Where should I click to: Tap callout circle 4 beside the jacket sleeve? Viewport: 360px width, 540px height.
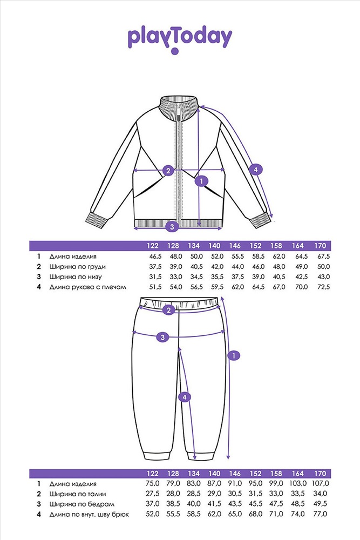click(255, 170)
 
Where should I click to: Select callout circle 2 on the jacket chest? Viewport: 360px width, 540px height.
click(168, 170)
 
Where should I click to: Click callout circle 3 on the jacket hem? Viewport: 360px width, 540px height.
click(172, 227)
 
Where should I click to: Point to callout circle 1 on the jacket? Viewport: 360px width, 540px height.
click(201, 181)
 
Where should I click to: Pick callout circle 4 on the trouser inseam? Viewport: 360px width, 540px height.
click(185, 397)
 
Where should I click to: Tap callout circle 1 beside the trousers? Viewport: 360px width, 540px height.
click(234, 355)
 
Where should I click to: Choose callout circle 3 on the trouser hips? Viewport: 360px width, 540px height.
click(163, 337)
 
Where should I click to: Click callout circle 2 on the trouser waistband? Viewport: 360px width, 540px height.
click(168, 310)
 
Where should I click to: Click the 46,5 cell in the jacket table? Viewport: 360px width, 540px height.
click(153, 256)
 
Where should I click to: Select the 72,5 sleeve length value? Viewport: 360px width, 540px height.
click(322, 287)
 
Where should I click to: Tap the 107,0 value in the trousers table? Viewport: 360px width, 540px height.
click(320, 484)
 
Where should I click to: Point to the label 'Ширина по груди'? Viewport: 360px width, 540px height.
click(77, 267)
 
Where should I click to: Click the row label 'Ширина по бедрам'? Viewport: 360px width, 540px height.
click(81, 504)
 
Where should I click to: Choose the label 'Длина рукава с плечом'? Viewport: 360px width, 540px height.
click(88, 287)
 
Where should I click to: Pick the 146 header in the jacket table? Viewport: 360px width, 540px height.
click(235, 246)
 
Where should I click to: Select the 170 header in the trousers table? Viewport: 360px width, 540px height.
click(320, 474)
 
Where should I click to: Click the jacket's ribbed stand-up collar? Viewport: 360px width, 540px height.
click(180, 103)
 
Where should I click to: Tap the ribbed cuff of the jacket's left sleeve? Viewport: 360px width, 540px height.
click(97, 220)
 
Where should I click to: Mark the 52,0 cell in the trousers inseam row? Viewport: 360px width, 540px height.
click(153, 514)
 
